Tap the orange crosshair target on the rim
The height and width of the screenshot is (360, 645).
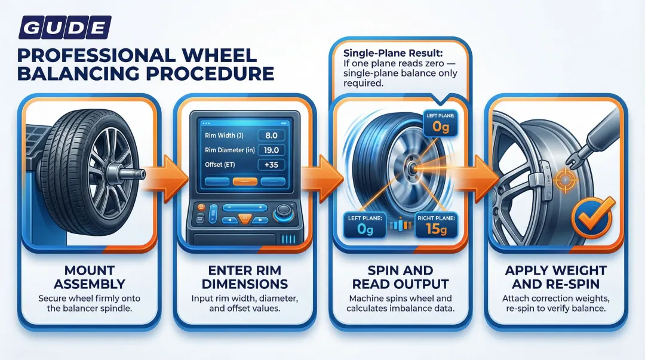pos(563,178)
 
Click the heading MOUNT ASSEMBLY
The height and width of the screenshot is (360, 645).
pos(90,276)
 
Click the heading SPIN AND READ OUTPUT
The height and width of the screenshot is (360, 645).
pos(400,276)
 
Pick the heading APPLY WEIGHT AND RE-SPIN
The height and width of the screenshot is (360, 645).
pos(555,276)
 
